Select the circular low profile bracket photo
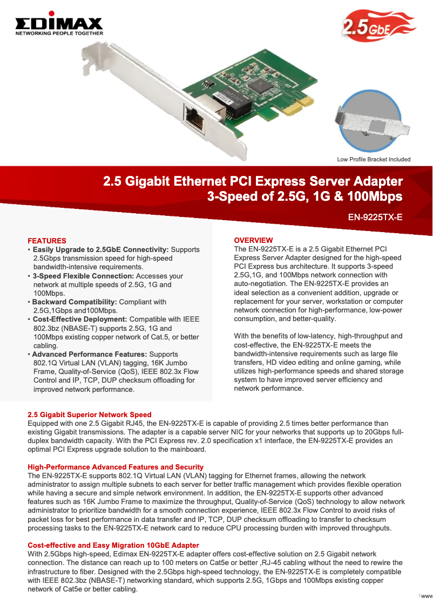[372, 122]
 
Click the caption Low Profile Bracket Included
[374, 159]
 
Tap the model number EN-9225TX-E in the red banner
[375, 217]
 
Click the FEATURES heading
[47, 241]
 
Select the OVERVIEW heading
[253, 240]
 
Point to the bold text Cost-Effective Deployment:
[80, 319]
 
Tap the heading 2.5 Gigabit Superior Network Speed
[90, 415]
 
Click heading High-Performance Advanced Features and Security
[116, 467]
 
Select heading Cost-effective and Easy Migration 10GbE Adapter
[113, 546]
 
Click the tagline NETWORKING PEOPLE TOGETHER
[58, 33]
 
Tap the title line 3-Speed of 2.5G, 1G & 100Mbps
[305, 196]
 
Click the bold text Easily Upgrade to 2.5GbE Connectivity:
[101, 250]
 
